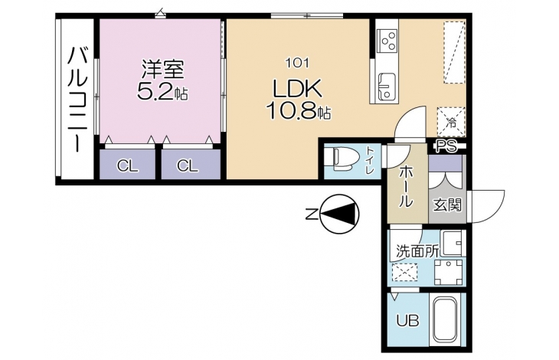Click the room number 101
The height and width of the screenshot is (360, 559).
point(296,64)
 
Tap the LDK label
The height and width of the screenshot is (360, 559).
point(297,89)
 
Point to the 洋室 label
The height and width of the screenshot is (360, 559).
point(163,70)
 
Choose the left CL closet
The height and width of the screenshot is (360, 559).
point(127,165)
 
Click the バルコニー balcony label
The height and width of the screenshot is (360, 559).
point(77,99)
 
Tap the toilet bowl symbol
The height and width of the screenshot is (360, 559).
point(342,159)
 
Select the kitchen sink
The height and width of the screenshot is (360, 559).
point(387,87)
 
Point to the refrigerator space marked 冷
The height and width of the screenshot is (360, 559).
point(451,122)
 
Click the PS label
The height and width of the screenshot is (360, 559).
point(446,146)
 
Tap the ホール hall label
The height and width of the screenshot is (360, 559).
point(406,187)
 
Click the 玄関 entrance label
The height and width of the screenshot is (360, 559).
point(447,205)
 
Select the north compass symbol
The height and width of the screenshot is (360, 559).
point(340,214)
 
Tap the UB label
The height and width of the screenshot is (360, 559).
point(408,321)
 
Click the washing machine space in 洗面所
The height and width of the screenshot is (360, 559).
point(449,273)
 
